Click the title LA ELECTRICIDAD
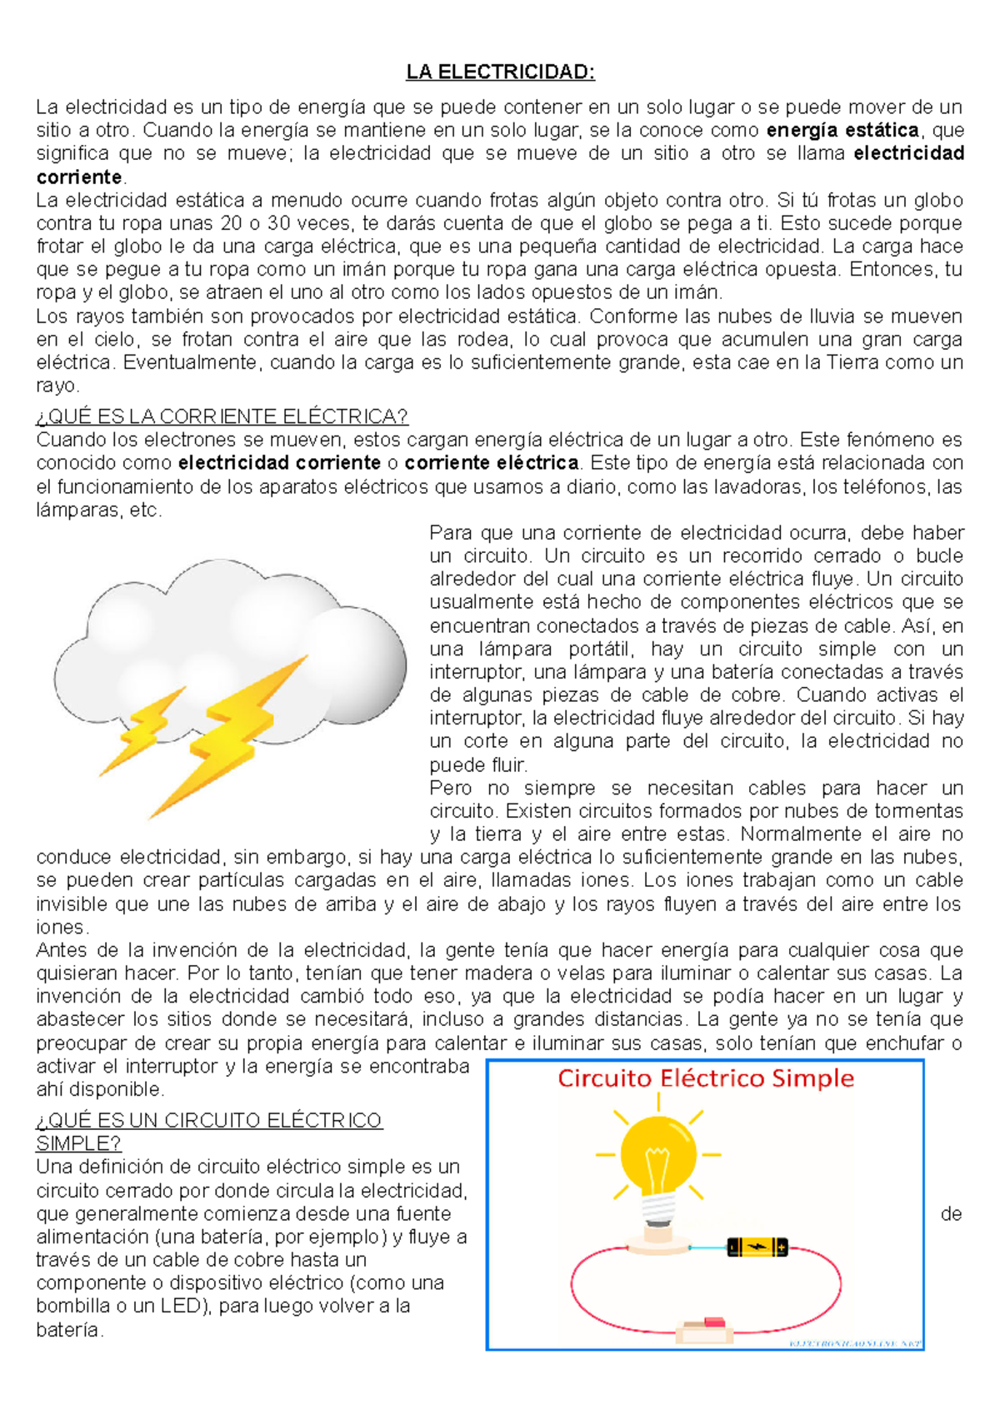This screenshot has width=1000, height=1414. pyautogui.click(x=500, y=72)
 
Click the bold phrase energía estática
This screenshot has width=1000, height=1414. pyautogui.click(x=842, y=130)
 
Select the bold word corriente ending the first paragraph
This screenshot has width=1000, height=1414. pyautogui.click(x=79, y=177)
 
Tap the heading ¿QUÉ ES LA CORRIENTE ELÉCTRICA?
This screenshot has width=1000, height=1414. pyautogui.click(x=222, y=416)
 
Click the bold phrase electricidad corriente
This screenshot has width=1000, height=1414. pyautogui.click(x=279, y=463)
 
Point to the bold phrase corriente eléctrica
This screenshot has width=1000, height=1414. pyautogui.click(x=492, y=463)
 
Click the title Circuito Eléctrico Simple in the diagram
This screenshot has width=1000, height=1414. pyautogui.click(x=705, y=1079)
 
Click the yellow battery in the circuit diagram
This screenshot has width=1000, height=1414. pyautogui.click(x=757, y=1247)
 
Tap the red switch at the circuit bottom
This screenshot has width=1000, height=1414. pyautogui.click(x=713, y=1322)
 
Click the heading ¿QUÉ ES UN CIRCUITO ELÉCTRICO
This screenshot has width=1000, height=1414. pyautogui.click(x=208, y=1121)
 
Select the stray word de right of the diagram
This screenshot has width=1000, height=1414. pyautogui.click(x=951, y=1214)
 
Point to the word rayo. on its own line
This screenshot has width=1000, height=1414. pyautogui.click(x=57, y=386)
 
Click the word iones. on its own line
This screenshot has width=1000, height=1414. pyautogui.click(x=62, y=928)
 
